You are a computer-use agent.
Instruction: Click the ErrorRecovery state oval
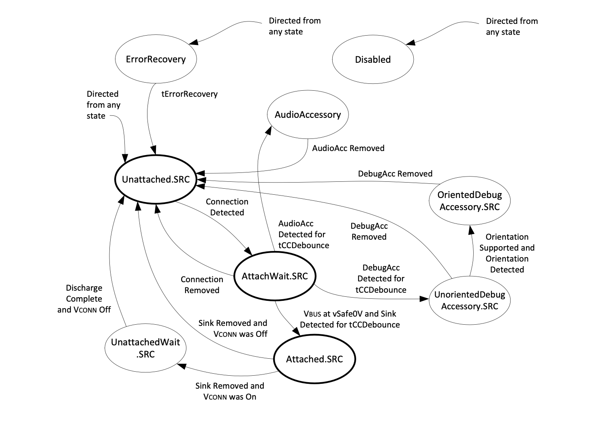tap(156, 59)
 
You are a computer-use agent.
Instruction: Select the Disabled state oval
tap(373, 60)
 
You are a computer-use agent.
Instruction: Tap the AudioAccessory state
tap(308, 115)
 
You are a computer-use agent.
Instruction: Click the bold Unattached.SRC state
tap(156, 179)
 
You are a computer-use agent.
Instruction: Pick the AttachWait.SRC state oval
tap(275, 276)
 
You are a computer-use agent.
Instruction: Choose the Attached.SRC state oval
tap(314, 359)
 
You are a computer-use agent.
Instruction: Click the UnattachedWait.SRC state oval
tap(145, 348)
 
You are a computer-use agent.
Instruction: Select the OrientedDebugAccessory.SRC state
tap(469, 201)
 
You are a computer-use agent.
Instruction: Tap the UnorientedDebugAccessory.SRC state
tap(470, 300)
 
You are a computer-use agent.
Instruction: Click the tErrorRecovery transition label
tap(190, 94)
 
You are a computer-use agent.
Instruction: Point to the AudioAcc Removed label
tap(348, 148)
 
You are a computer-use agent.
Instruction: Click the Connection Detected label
tap(227, 207)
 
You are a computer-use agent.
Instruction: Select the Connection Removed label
tap(202, 285)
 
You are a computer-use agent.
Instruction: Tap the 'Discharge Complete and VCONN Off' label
tap(84, 299)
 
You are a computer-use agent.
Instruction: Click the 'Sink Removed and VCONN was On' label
tap(229, 391)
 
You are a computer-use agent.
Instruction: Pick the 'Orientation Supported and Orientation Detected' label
tap(507, 253)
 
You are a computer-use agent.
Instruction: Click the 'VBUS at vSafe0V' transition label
tap(350, 319)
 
